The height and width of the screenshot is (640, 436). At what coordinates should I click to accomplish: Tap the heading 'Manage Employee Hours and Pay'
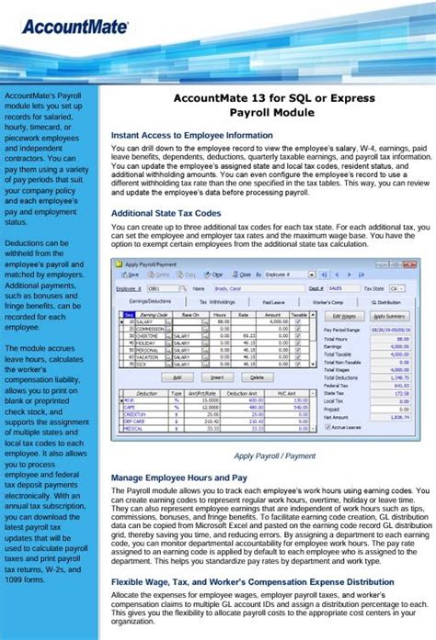tap(178, 477)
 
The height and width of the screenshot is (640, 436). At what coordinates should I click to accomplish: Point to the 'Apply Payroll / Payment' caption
tap(274, 455)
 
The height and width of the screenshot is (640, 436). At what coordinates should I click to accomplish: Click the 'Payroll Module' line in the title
tap(272, 111)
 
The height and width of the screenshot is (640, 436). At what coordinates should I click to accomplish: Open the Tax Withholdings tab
tap(216, 300)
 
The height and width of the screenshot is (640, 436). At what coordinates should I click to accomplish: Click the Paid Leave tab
tap(272, 300)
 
